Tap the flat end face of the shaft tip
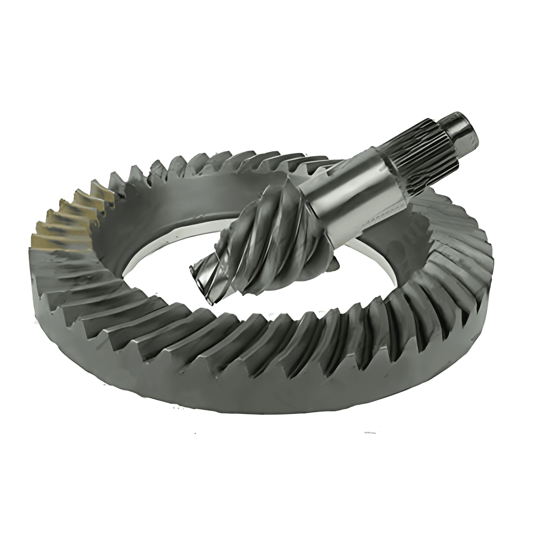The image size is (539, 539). [472, 128]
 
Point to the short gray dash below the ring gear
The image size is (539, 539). [369, 432]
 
